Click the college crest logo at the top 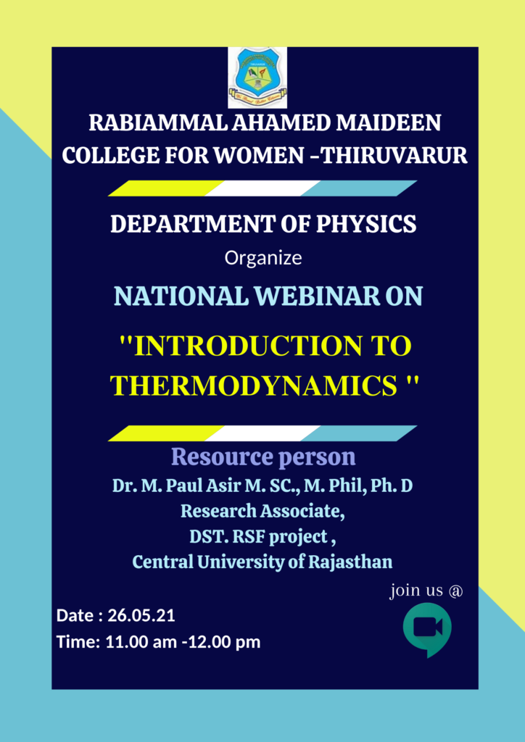click(x=257, y=78)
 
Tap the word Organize click(x=262, y=259)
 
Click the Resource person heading click(x=263, y=457)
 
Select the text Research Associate click(x=262, y=512)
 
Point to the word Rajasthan click(x=350, y=562)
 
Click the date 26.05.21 click(x=141, y=616)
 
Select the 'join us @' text click(x=426, y=591)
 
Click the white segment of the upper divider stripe click(x=262, y=188)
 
